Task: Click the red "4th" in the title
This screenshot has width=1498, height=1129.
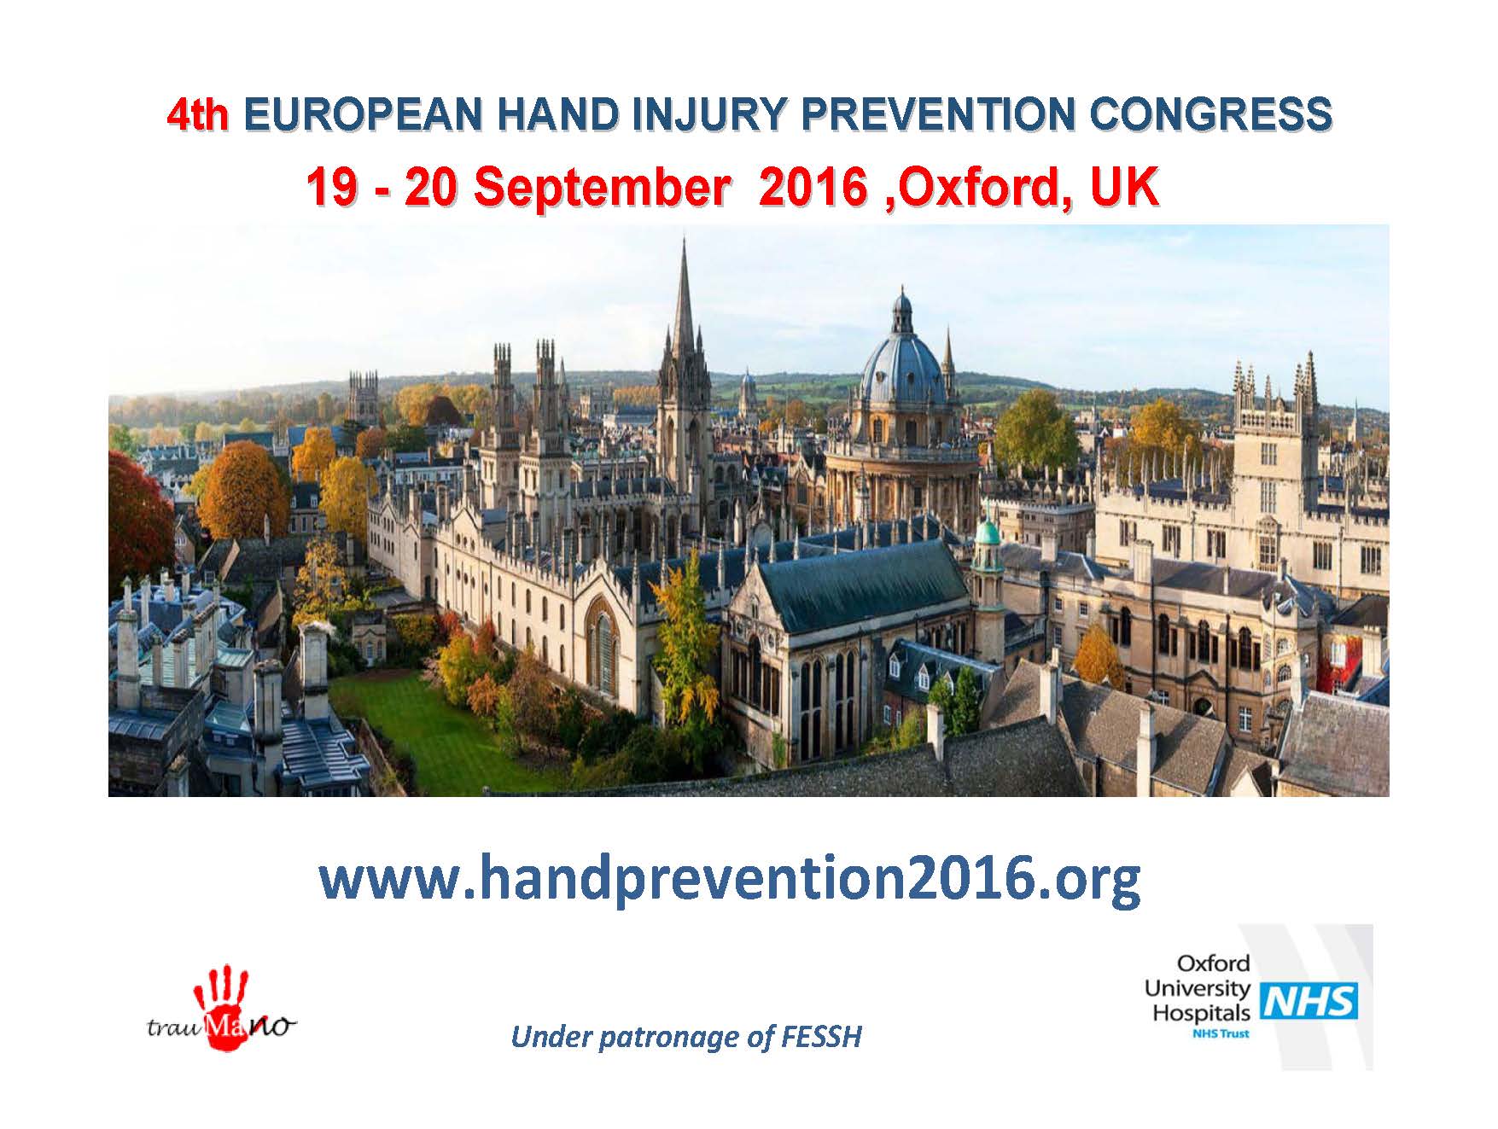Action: [x=198, y=116]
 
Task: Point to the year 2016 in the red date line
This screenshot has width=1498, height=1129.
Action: [x=813, y=187]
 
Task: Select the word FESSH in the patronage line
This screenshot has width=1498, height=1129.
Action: [x=821, y=1037]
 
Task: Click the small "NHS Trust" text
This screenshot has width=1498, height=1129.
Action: [x=1220, y=1033]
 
